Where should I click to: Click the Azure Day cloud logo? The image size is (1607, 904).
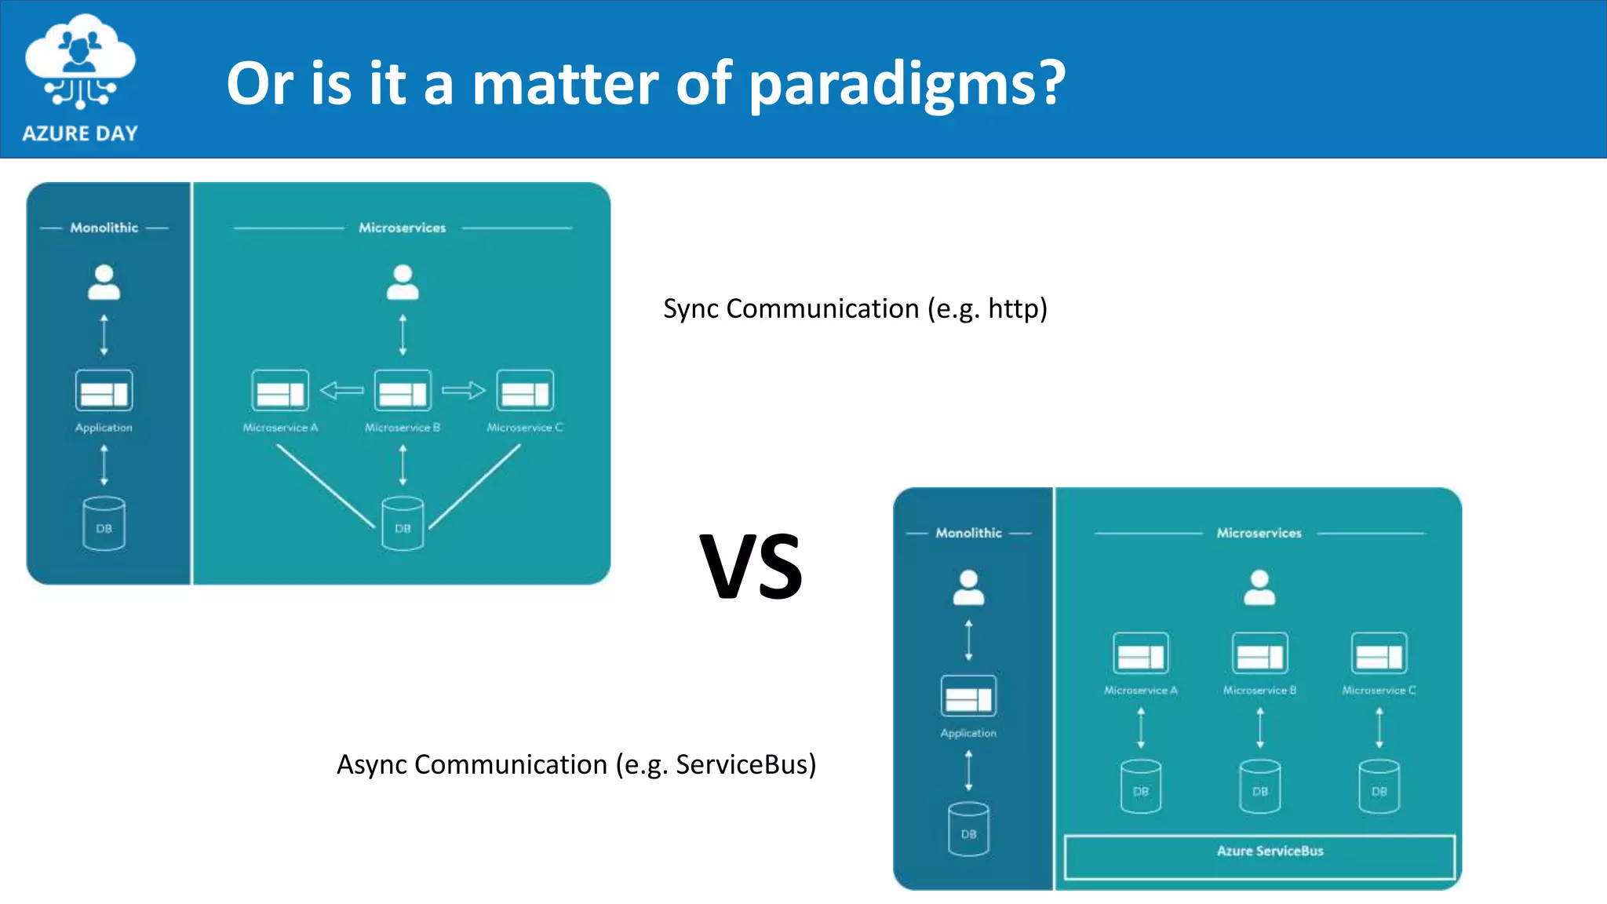tap(79, 63)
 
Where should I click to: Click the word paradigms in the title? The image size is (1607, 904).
tap(906, 85)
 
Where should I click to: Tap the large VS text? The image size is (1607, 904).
tap(751, 567)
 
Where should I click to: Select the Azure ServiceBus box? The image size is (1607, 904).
tap(1259, 856)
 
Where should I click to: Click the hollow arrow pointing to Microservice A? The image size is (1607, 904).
tap(341, 390)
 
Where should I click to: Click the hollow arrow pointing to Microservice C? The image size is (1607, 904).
tap(464, 390)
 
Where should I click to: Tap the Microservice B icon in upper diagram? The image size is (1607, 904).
tap(403, 391)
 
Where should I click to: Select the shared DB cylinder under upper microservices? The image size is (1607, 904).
tap(403, 523)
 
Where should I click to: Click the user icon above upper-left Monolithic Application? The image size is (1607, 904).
tap(104, 282)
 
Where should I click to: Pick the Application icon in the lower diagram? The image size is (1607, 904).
tap(968, 696)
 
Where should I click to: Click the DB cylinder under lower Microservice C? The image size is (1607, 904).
tap(1379, 786)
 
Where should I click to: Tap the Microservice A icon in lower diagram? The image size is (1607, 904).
tap(1140, 654)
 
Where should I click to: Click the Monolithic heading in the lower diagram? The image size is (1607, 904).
tap(968, 533)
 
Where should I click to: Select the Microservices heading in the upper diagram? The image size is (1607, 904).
tap(402, 228)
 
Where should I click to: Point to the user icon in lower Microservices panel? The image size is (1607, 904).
tap(1259, 588)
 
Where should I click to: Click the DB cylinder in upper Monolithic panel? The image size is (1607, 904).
tap(104, 523)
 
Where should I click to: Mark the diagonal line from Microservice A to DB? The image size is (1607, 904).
tap(325, 486)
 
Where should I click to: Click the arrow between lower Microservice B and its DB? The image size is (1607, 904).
tap(1259, 727)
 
